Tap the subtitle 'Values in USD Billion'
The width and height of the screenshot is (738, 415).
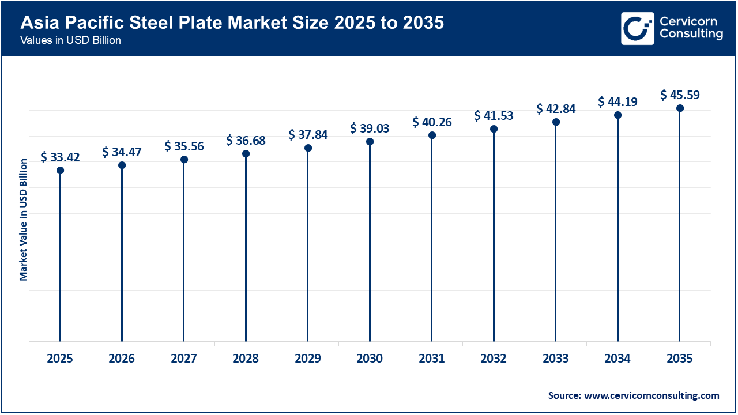70,41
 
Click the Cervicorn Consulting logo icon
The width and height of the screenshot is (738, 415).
637,28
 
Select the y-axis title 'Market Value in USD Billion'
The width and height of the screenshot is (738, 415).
24,220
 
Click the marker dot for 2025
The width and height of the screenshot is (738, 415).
60,170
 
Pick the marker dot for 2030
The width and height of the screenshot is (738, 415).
370,141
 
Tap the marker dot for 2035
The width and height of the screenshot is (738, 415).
680,108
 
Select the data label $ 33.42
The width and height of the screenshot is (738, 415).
60,157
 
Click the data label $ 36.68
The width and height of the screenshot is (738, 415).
246,140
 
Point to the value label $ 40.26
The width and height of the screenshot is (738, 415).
432,122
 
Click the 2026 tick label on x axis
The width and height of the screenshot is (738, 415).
122,359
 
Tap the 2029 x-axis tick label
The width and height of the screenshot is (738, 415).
308,359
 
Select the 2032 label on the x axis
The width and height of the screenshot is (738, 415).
494,359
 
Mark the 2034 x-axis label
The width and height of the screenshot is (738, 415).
617,359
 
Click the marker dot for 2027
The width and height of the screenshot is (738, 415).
184,159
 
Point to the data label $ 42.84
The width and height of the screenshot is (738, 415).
556,108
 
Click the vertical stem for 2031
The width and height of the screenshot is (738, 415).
432,242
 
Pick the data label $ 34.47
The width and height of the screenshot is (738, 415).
122,152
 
